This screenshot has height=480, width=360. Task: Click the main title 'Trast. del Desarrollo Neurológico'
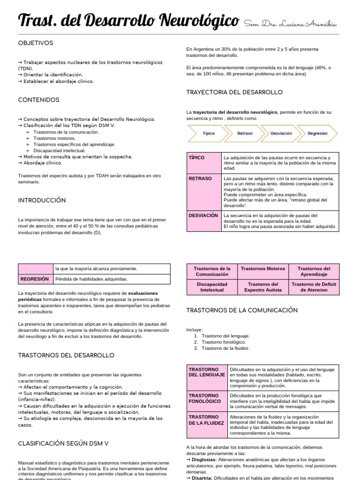click(x=128, y=21)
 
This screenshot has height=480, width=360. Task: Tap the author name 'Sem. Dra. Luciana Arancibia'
click(x=290, y=24)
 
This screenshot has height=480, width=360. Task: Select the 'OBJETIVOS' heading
click(x=36, y=43)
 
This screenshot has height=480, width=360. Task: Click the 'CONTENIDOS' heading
click(x=38, y=100)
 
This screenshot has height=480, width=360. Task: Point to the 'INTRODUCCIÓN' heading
click(x=42, y=200)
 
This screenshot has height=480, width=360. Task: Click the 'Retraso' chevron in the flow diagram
click(x=244, y=134)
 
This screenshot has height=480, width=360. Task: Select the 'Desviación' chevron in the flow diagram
click(x=281, y=134)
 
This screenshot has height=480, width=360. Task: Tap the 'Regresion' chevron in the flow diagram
click(x=317, y=134)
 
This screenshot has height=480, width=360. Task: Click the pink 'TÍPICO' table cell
click(x=204, y=163)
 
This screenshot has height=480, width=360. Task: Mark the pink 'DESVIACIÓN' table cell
click(x=204, y=221)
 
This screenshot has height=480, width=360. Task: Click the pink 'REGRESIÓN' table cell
click(x=35, y=279)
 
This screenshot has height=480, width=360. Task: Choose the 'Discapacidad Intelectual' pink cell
click(x=212, y=287)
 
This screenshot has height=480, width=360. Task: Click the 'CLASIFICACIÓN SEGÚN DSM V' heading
click(x=63, y=443)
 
